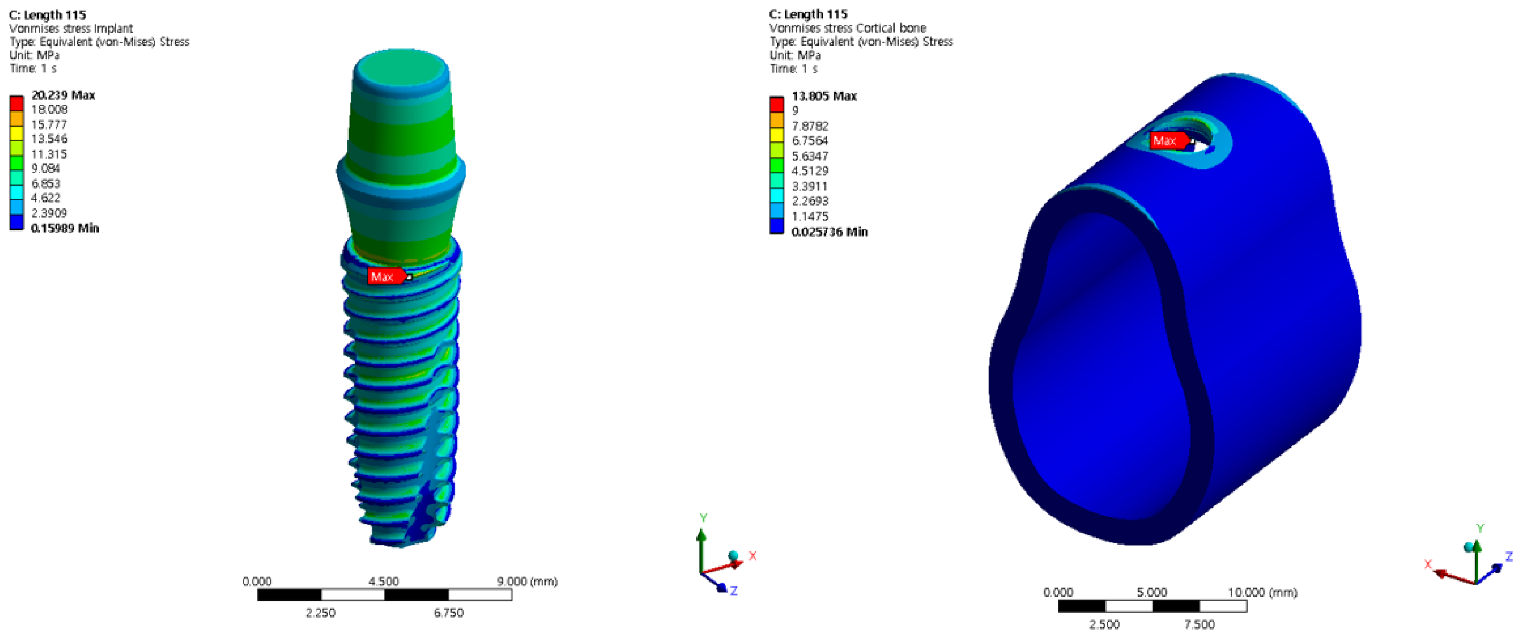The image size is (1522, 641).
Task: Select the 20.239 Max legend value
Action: tap(63, 95)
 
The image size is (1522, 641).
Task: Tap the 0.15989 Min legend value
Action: tap(64, 228)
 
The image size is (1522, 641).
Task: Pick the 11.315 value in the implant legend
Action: tap(49, 154)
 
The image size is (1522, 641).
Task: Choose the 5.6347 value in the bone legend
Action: tap(809, 156)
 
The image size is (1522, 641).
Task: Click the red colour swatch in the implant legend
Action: tap(17, 103)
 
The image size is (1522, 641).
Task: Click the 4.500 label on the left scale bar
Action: tap(383, 582)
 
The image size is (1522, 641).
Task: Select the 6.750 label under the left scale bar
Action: tap(448, 613)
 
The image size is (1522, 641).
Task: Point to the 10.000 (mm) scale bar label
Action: tap(1262, 592)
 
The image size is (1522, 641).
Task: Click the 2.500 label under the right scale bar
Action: tap(1104, 624)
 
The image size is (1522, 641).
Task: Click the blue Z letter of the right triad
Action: tap(1509, 556)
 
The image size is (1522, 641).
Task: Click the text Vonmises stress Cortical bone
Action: tap(847, 28)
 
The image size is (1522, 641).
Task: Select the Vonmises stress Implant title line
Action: tap(71, 28)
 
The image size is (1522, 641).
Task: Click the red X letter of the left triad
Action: tap(752, 555)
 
